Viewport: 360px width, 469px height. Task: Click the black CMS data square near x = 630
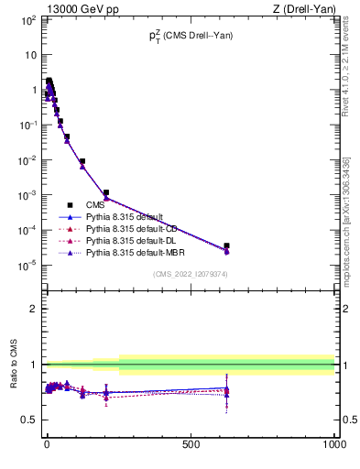coord(226,245)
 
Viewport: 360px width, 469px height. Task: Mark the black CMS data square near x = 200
coord(106,192)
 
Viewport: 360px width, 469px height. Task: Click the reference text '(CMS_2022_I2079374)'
coord(190,273)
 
